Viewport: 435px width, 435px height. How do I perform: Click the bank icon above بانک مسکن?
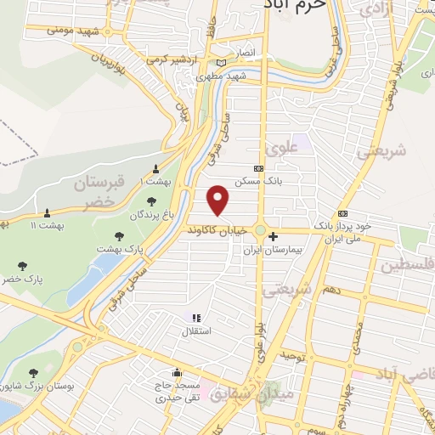pos(258,168)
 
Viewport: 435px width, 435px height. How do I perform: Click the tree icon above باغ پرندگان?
pos(151,202)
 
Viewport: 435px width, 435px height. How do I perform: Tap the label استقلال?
pos(204,330)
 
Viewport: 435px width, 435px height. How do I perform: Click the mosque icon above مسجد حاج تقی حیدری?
pos(176,372)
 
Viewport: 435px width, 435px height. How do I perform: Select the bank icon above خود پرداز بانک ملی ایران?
pos(342,213)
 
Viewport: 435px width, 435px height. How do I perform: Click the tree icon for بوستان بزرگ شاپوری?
pos(33,373)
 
